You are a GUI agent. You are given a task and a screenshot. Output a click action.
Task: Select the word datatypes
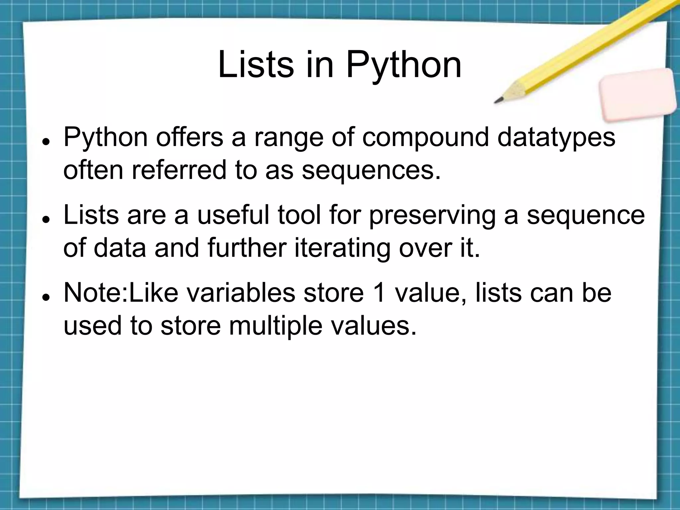pos(556,137)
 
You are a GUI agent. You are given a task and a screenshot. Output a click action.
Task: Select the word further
pos(247,248)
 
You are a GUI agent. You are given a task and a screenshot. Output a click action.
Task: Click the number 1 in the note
pos(385,293)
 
